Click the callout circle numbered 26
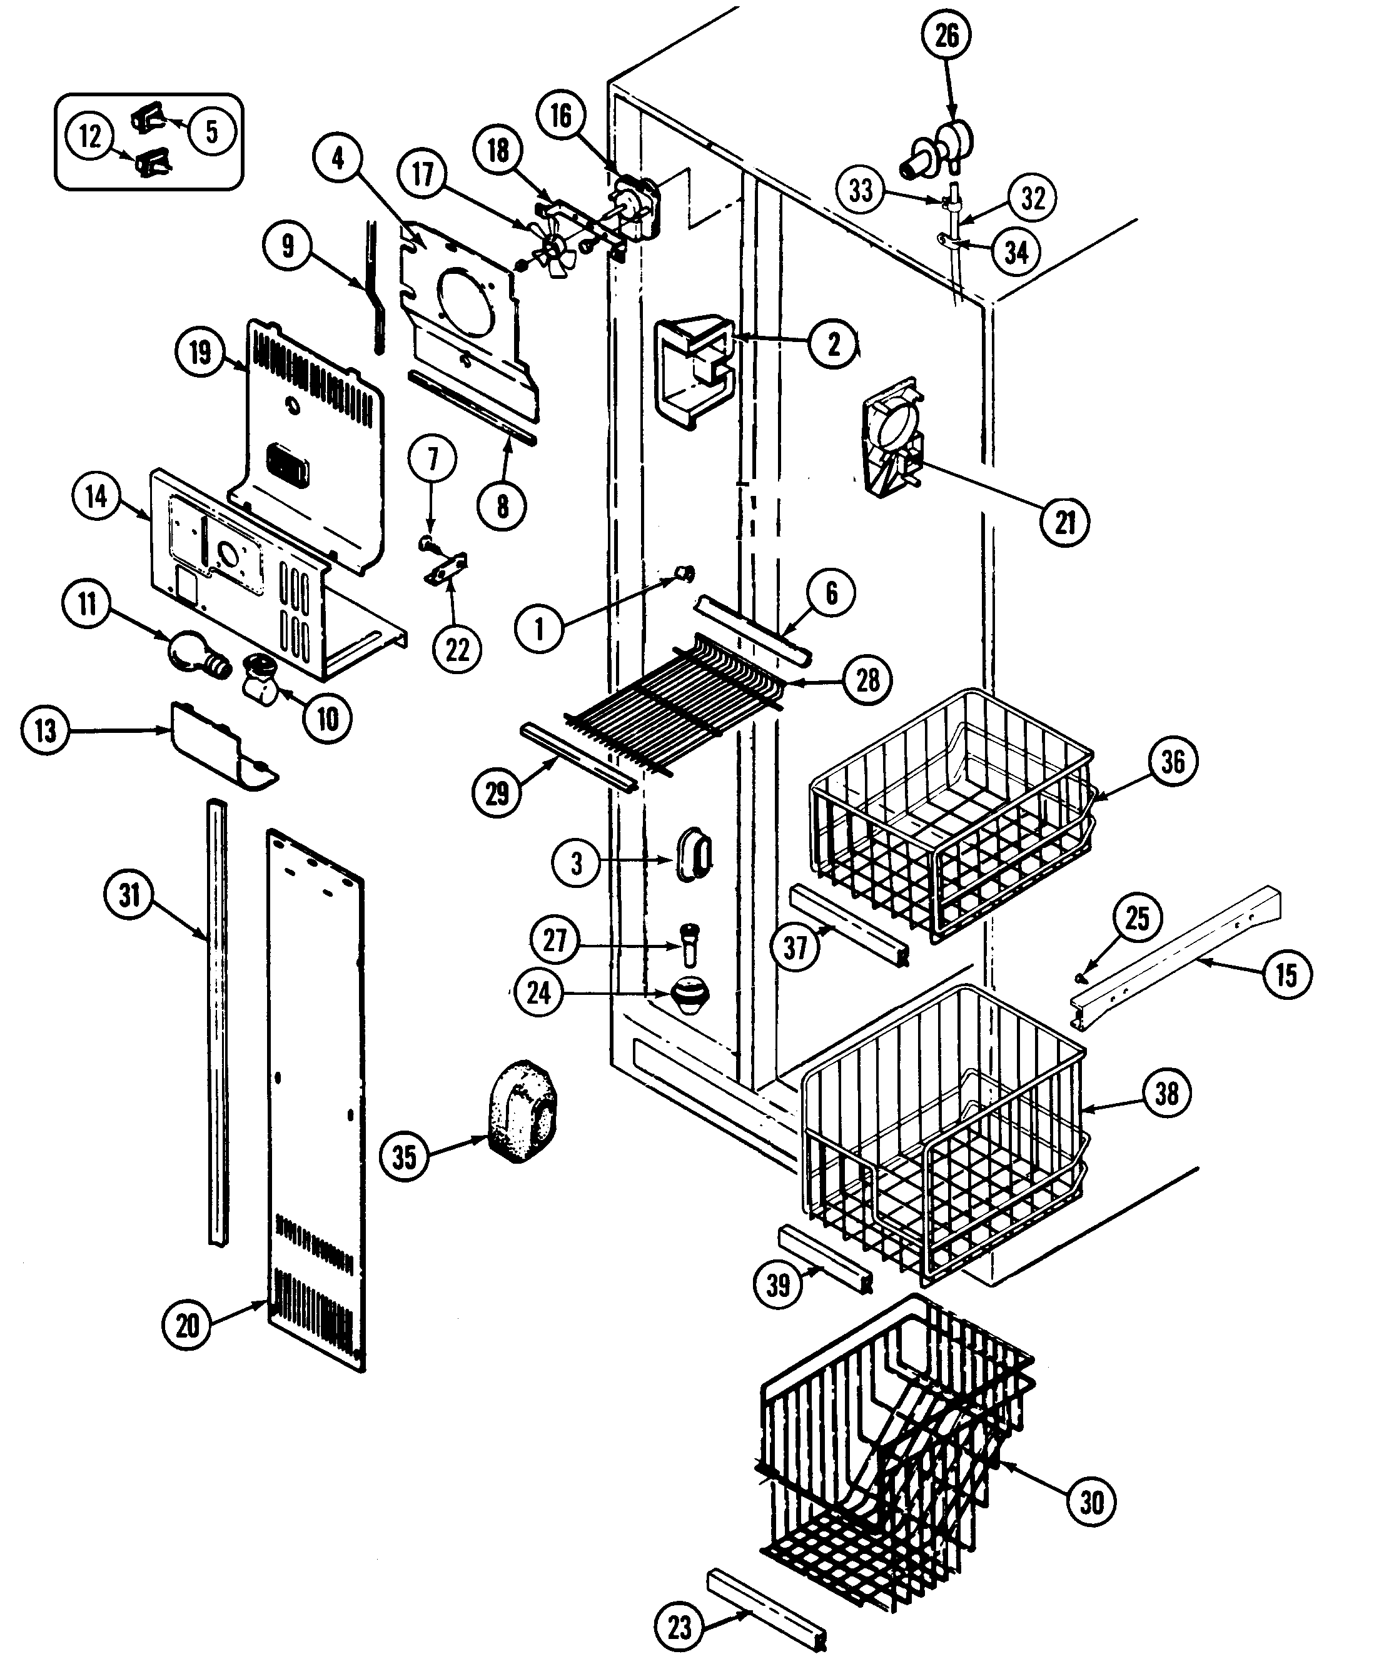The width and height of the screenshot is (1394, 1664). pos(946,36)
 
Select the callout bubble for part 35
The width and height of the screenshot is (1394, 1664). pos(404,1157)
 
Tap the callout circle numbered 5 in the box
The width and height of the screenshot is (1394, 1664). pos(211,131)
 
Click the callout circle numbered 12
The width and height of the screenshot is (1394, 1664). pos(89,136)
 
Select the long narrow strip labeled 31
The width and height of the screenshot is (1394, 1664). pos(216,1022)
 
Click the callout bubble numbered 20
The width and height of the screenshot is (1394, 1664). pos(187,1325)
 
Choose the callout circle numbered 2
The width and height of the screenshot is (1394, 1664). pos(833,344)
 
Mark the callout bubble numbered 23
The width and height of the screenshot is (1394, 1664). pos(679,1628)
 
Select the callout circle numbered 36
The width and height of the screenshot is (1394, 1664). pos(1173,762)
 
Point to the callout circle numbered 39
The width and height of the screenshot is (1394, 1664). pos(778,1284)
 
